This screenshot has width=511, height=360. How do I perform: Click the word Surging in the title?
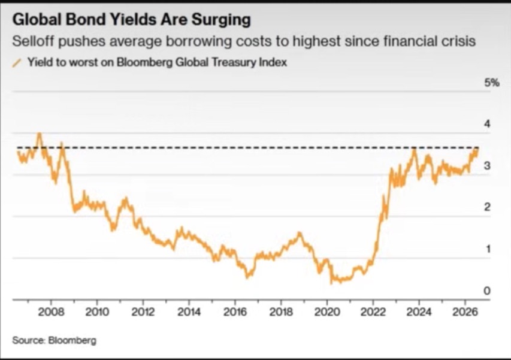coord(221,20)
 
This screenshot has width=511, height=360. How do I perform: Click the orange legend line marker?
coord(17,62)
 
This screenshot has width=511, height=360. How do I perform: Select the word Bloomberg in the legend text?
coord(144,62)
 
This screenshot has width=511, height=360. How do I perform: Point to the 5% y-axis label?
coord(492,83)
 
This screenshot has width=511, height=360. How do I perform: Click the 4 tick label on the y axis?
coord(487,124)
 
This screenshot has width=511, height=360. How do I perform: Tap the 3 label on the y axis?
coord(487,166)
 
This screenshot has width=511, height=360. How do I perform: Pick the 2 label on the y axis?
coord(487,207)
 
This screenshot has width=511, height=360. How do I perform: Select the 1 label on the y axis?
coord(488,249)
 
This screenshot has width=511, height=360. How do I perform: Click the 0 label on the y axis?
coord(487,291)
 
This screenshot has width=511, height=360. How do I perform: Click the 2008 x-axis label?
coord(51,312)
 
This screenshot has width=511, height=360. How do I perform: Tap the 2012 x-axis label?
coord(143,312)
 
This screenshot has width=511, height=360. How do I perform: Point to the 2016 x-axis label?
coord(235,312)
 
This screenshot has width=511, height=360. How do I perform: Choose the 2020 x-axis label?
coord(327,312)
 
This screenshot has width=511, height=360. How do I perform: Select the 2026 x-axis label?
coord(465,312)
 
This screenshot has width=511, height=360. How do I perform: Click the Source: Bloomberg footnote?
coord(55,340)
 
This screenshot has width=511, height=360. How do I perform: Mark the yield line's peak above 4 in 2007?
coord(39,133)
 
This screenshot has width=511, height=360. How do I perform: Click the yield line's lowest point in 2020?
coord(331,283)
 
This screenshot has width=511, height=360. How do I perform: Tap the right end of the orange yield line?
coord(478,149)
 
